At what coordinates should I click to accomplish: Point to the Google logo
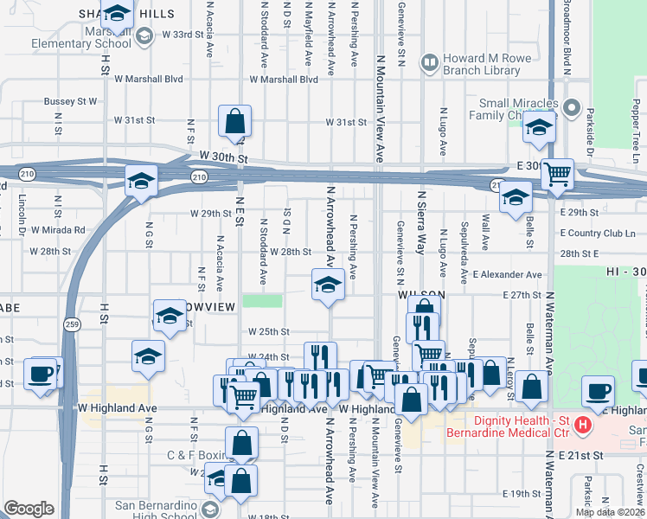pyautogui.click(x=29, y=509)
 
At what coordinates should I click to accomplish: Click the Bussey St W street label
pyautogui.click(x=71, y=101)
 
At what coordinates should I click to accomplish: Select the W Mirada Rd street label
pyautogui.click(x=58, y=230)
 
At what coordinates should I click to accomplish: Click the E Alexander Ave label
pyautogui.click(x=507, y=274)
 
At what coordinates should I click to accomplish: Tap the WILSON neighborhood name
pyautogui.click(x=420, y=295)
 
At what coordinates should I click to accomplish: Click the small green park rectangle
pyautogui.click(x=263, y=301)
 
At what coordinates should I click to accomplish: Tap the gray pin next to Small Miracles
pyautogui.click(x=571, y=108)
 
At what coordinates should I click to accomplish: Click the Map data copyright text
pyautogui.click(x=610, y=512)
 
